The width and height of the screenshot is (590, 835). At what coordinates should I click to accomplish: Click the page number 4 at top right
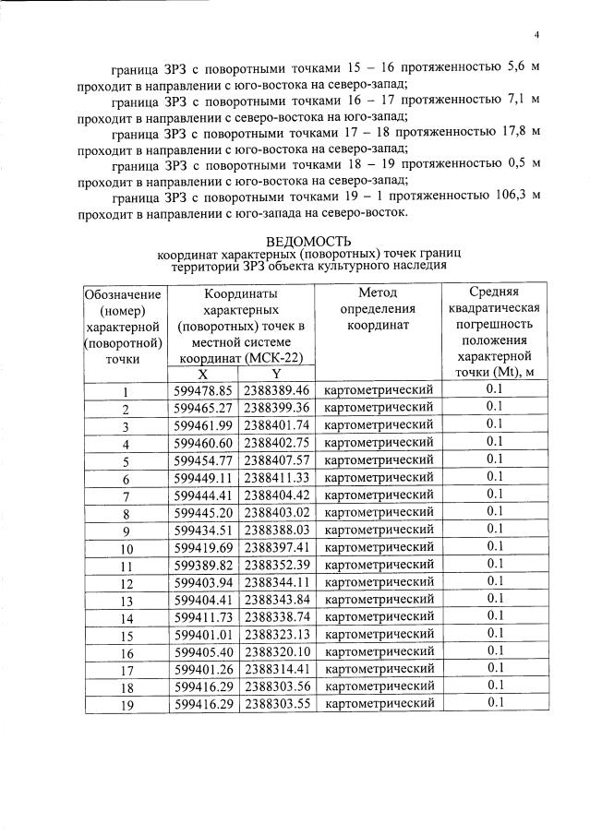tap(536, 36)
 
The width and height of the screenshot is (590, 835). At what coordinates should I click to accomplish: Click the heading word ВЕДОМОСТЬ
tap(303, 241)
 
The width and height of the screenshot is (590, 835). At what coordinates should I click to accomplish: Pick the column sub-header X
tap(203, 374)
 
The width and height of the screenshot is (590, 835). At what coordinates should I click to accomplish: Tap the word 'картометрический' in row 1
tap(379, 390)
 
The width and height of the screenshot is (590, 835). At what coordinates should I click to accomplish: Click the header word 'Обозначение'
tap(124, 294)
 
